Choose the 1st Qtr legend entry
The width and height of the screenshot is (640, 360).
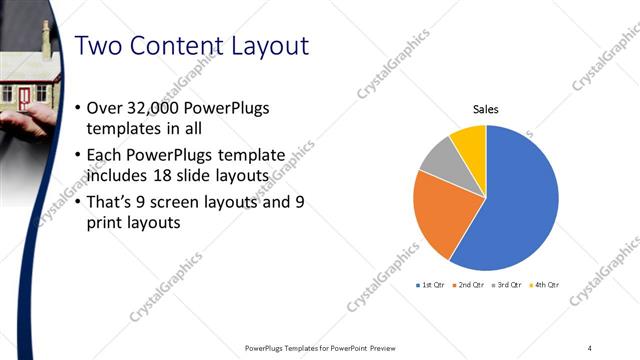[x=430, y=285]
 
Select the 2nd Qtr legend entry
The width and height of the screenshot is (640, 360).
[x=469, y=285]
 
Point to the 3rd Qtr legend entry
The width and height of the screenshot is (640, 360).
[x=507, y=285]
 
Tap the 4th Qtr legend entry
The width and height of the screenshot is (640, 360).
[x=545, y=285]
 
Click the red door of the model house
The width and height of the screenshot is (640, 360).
[x=23, y=96]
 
